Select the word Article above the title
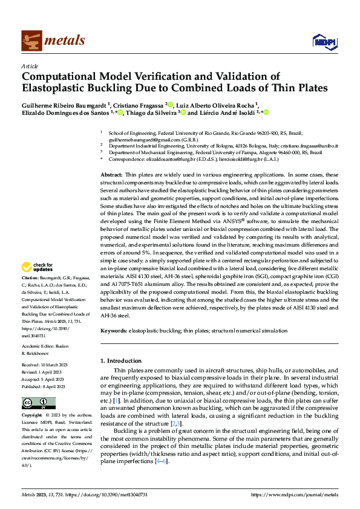(30, 66)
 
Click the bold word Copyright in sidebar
(33, 416)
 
